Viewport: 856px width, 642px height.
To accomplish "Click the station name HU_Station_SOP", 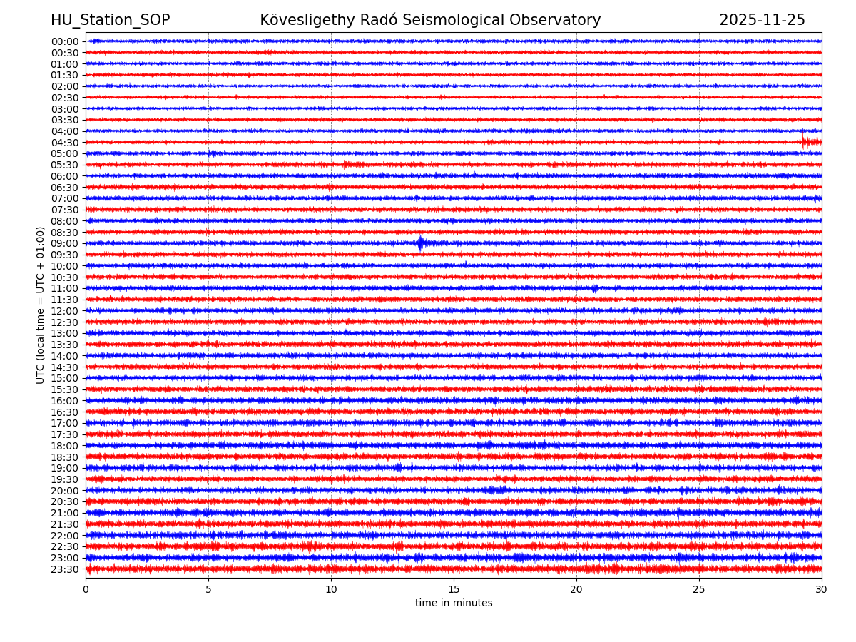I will coord(110,21).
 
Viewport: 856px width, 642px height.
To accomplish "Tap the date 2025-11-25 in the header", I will coord(762,21).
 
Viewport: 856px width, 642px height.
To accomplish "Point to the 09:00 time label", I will coord(65,243).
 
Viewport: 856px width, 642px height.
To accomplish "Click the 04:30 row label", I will coord(65,142).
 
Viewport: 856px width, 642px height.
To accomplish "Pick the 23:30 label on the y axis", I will coord(65,569).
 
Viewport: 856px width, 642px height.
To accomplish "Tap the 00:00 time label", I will coord(65,41).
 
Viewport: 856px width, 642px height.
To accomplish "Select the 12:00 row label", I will coord(65,311).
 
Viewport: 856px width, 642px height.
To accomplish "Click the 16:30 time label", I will coord(65,412).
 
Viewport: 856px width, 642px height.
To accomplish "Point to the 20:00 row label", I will coord(65,491).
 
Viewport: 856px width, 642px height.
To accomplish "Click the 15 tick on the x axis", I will coord(454,590).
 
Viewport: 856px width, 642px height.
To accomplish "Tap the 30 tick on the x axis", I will coord(822,590).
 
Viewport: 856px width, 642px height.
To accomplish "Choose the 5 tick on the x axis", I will coord(208,590).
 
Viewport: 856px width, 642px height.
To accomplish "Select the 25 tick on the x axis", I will coord(699,590).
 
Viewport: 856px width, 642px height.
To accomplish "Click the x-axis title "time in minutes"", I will coord(454,603).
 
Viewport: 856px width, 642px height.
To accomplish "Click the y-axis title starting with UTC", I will coord(41,305).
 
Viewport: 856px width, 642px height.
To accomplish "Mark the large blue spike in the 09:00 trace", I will coord(420,243).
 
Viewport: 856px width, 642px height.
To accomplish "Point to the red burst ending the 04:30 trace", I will coord(811,142).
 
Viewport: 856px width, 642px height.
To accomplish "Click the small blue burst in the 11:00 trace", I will coord(594,288).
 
